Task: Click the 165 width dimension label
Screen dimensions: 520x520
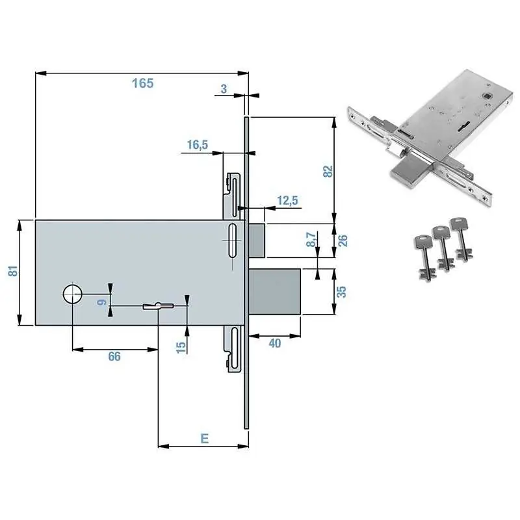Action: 142,83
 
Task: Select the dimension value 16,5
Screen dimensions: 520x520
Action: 198,144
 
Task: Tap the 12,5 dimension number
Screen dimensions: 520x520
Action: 287,200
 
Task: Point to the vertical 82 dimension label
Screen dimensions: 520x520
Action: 328,171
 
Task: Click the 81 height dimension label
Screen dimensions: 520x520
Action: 13,271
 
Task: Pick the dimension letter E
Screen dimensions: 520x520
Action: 205,438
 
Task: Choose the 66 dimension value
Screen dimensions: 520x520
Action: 114,356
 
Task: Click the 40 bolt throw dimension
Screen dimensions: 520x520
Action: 275,343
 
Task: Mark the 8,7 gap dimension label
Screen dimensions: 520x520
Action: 311,239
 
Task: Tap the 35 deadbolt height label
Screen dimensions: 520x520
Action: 341,291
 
